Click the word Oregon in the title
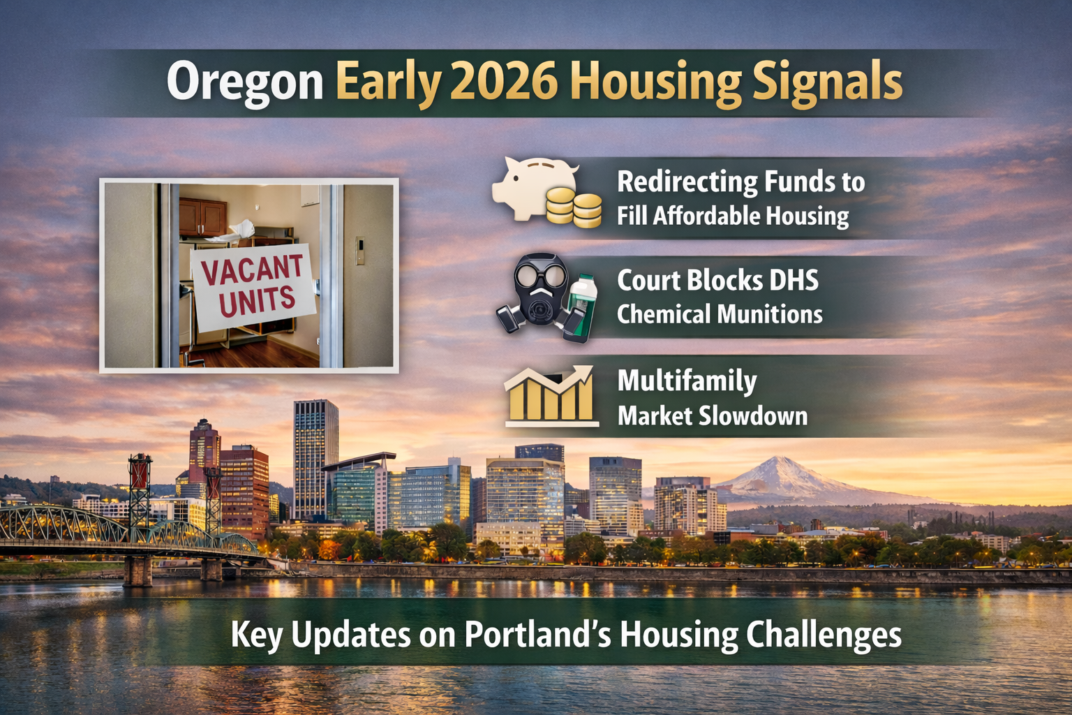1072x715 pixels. point(245,82)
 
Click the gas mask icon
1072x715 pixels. point(536,293)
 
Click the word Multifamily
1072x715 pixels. point(687,381)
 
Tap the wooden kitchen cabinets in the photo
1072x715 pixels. point(202,217)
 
